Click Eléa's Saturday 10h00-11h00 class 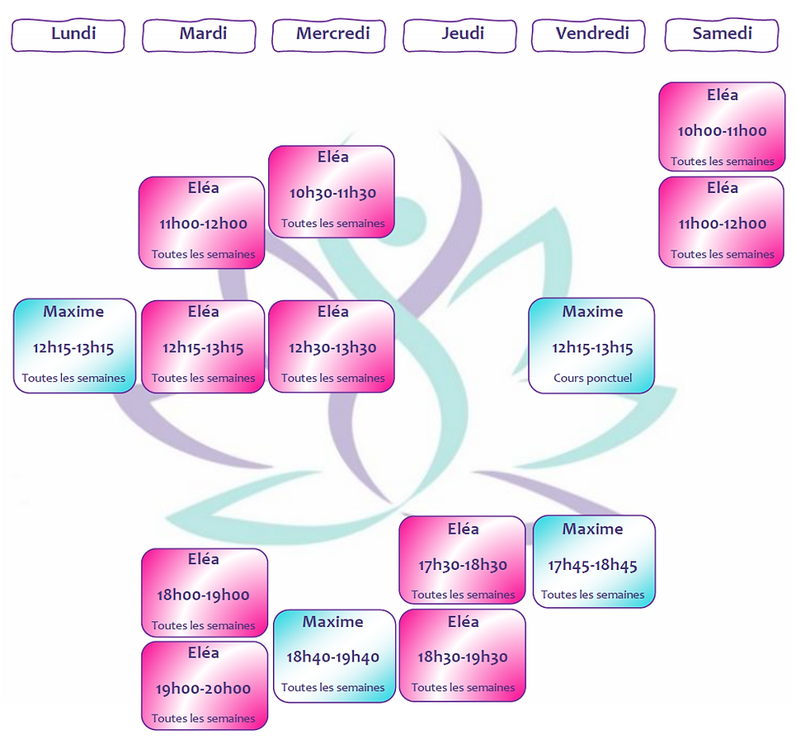722,127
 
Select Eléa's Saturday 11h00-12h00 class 722,221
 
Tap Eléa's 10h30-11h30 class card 332,191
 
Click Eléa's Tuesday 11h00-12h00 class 202,222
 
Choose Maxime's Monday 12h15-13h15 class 74,346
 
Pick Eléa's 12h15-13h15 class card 203,346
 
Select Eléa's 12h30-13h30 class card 332,346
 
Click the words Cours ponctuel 592,379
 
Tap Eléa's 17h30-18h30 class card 462,561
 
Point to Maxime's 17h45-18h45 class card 594,562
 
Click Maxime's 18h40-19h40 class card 333,656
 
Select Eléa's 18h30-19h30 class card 462,656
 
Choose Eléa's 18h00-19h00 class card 204,593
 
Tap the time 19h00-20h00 203,689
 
